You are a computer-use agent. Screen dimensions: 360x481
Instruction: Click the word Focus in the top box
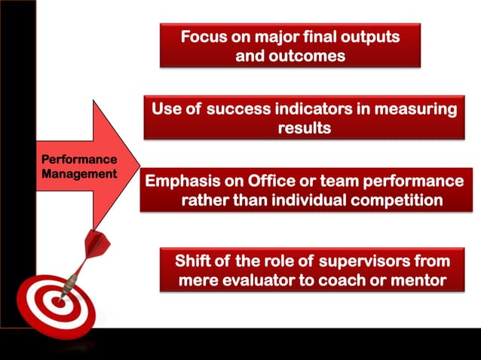tap(202, 37)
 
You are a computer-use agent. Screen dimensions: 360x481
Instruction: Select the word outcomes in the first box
tap(307, 56)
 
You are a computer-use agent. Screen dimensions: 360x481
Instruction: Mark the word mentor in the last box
tap(418, 280)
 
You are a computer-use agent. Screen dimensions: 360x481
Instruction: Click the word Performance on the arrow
tap(79, 160)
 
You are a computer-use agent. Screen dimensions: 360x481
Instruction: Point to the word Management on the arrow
tap(79, 173)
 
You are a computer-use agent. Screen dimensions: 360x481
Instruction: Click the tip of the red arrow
tap(139, 164)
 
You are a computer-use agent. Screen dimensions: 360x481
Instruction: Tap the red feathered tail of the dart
tap(97, 243)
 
